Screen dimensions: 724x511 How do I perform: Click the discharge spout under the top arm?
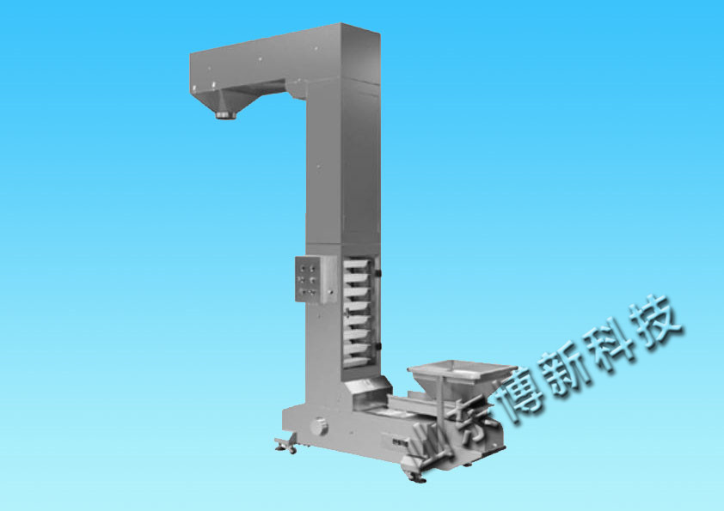pos(226,113)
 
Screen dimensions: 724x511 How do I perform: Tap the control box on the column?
pos(316,279)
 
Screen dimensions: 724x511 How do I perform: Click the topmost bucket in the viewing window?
pos(358,265)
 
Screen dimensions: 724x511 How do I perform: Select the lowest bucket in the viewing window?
pos(357,362)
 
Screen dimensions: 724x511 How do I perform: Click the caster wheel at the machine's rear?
pos(285,445)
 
